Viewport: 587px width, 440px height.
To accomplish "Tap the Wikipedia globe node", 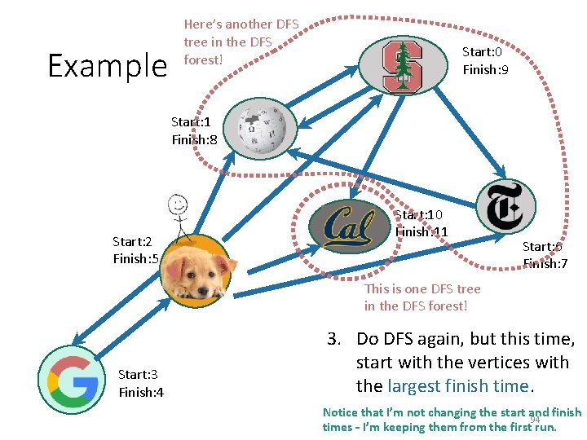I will click(x=261, y=130).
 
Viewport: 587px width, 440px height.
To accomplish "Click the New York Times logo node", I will click(x=505, y=206).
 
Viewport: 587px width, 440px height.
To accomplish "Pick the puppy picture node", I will click(x=194, y=270).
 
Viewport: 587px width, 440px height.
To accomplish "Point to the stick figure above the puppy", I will click(x=179, y=217).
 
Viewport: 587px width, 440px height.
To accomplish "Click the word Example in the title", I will click(x=107, y=65).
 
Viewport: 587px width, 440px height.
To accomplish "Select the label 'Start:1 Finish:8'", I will click(x=194, y=130).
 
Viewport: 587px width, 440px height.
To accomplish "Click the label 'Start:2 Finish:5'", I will click(x=135, y=250).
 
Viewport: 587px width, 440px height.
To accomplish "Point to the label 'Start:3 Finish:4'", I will click(x=141, y=383).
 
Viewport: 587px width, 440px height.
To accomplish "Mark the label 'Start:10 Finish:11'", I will click(x=421, y=223).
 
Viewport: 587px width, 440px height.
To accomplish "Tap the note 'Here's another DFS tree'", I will click(x=241, y=42).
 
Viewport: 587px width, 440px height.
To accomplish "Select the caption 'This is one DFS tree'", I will click(x=422, y=297).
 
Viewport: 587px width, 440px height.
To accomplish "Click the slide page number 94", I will click(x=536, y=420).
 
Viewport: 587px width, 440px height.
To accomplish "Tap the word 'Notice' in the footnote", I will click(x=340, y=412).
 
